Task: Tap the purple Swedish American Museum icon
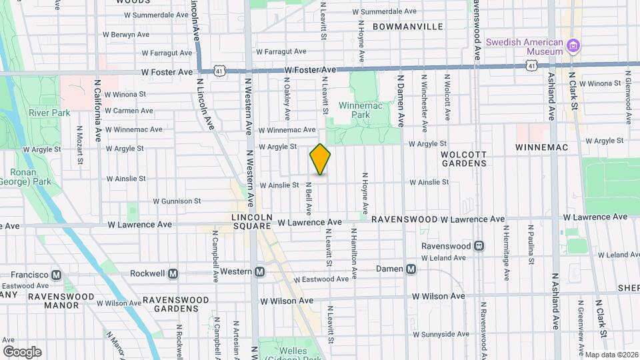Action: click(x=573, y=46)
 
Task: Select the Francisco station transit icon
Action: click(x=57, y=275)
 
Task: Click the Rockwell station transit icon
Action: click(x=173, y=273)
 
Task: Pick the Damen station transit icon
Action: click(x=411, y=269)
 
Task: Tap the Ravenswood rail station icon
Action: click(x=479, y=245)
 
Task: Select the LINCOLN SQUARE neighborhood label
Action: click(x=252, y=222)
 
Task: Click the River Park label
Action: click(x=49, y=113)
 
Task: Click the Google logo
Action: click(x=22, y=351)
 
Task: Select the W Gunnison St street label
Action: click(x=177, y=201)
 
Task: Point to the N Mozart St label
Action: click(x=79, y=145)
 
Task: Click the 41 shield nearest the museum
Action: click(x=530, y=65)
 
